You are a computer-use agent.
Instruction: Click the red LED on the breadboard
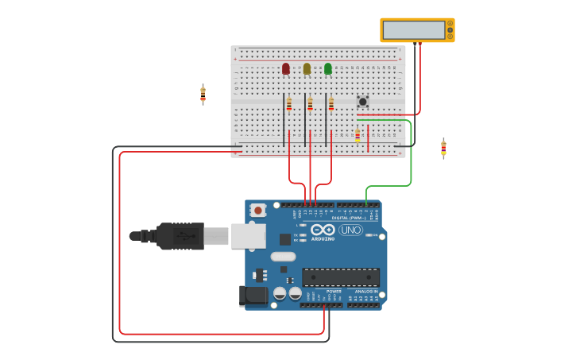coord(286,69)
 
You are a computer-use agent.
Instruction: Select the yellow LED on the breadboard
coord(307,69)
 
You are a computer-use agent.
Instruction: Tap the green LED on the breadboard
coord(328,69)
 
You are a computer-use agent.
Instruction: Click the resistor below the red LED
coord(289,104)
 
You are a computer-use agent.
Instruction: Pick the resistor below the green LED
coord(331,104)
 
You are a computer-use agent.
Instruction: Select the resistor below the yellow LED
coord(310,104)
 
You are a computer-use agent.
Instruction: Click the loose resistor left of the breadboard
coord(203,95)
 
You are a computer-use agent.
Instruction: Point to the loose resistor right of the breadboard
coord(443,149)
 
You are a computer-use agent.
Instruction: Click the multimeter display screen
coord(413,30)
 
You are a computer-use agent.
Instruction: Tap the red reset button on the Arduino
coord(257,211)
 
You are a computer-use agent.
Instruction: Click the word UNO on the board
coord(350,230)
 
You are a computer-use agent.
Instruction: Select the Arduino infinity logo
coord(323,230)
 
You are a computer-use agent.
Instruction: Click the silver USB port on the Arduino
coord(248,236)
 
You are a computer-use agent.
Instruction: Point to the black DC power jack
coord(253,296)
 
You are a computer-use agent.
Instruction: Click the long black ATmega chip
coord(341,277)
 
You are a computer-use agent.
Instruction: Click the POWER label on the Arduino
coord(334,292)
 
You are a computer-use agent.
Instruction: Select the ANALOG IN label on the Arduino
coord(366,292)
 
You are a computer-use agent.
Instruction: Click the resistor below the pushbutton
coord(358,136)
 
